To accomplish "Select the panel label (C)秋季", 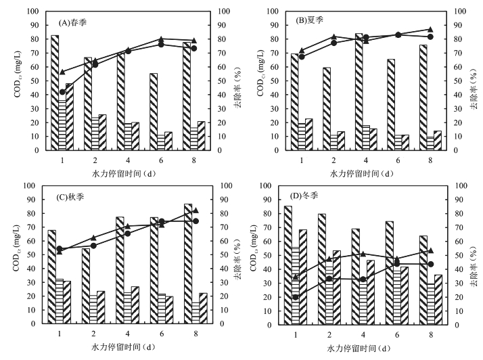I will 76,197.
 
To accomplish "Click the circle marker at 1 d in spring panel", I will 62,92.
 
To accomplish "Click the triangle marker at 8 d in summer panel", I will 430,29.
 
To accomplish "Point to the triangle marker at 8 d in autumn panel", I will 195,210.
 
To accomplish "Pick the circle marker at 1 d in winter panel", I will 295,297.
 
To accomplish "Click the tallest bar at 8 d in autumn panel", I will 187,264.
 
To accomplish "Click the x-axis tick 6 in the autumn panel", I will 162,334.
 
